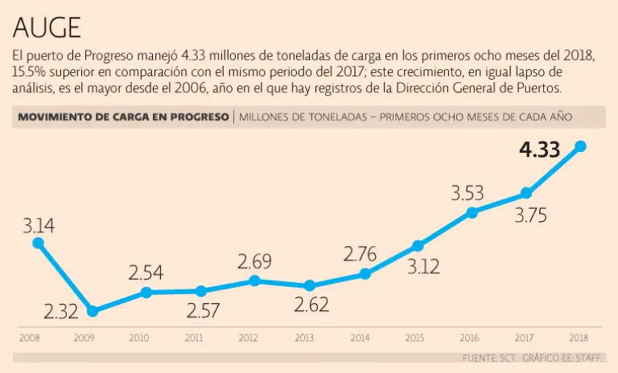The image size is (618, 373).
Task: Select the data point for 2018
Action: (580, 146)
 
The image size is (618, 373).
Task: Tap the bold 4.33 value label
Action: (539, 150)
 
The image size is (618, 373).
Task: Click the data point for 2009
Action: (93, 311)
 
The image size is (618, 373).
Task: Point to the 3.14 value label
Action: (38, 225)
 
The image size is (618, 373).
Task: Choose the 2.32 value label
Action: (60, 311)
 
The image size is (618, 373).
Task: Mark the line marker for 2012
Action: (254, 281)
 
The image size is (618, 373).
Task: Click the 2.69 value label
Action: (254, 261)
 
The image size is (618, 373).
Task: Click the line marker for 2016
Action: (472, 212)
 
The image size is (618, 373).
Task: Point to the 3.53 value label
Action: (467, 193)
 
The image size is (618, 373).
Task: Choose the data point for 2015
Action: (418, 245)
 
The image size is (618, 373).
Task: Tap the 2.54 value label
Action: (146, 273)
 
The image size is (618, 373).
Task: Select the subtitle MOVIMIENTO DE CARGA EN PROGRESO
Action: (123, 117)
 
